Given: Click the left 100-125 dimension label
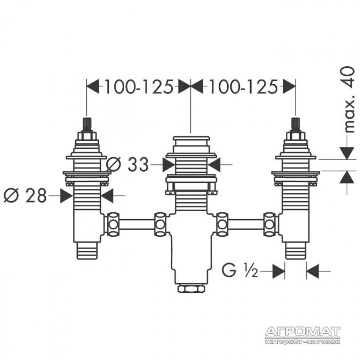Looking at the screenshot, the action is point(139,87).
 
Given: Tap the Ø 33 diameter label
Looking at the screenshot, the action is point(128,164).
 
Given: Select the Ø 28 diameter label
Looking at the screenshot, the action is point(26,195).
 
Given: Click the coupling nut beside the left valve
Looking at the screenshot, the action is point(113,224).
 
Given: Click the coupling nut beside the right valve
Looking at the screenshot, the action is point(270,224).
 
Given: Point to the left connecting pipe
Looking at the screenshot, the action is point(137,224).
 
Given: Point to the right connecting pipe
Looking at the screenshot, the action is point(245,224).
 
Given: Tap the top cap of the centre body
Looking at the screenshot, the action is point(191,139).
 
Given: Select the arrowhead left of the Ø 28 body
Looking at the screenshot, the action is point(67,195).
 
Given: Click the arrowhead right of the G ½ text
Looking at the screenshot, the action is point(278,271).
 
